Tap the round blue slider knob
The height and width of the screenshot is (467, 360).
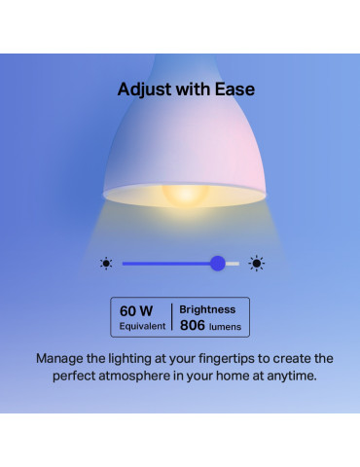(x=218, y=263)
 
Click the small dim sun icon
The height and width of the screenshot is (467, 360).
(x=106, y=263)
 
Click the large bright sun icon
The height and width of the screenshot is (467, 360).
(x=257, y=263)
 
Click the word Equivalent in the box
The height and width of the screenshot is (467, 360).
(x=142, y=326)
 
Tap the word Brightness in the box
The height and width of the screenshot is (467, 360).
(x=208, y=308)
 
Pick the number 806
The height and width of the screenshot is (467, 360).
(x=195, y=326)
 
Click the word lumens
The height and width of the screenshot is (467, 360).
(x=228, y=327)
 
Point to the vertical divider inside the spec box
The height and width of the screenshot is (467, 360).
(x=171, y=317)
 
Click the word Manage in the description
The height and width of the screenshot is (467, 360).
(x=63, y=358)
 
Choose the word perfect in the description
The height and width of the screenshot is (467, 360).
(x=76, y=377)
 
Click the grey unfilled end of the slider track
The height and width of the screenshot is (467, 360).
(x=233, y=263)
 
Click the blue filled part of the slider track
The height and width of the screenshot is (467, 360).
(x=165, y=263)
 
